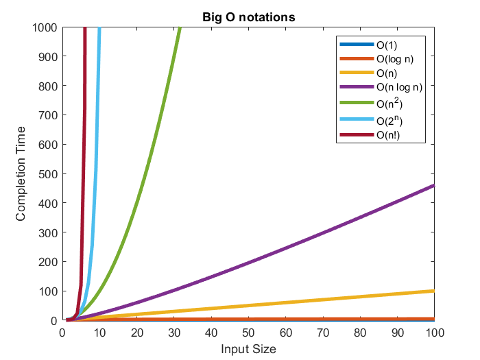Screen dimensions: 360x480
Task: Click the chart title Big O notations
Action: pos(249,17)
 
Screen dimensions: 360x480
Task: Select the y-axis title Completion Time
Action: pos(21,173)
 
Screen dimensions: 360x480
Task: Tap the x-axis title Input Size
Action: pos(248,349)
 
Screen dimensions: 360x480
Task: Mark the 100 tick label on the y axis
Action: pos(47,291)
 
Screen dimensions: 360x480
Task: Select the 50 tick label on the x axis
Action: pos(248,333)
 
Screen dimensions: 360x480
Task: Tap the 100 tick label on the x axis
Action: pos(434,333)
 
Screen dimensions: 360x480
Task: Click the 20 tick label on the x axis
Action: pos(137,333)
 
